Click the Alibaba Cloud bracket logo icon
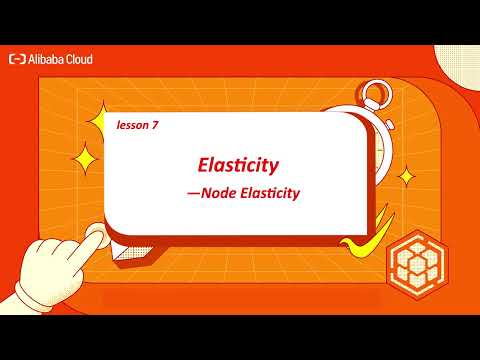pyautogui.click(x=17, y=59)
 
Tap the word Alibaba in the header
pyautogui.click(x=48, y=59)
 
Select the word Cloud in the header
pyautogui.click(x=81, y=59)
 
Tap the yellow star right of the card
pyautogui.click(x=406, y=177)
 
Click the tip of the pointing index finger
pyautogui.click(x=97, y=236)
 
